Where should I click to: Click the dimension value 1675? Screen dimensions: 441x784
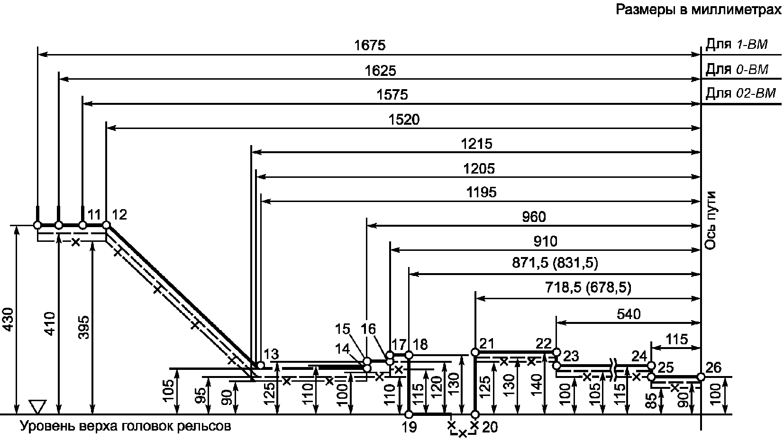(370, 46)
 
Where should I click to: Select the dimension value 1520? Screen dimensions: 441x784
(404, 119)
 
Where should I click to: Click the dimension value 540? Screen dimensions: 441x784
(629, 314)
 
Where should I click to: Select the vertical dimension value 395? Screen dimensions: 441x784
(83, 327)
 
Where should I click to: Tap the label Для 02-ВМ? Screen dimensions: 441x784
(740, 93)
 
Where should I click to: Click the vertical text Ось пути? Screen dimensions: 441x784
(710, 220)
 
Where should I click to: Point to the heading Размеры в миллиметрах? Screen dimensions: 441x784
(699, 10)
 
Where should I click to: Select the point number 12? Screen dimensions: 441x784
(120, 215)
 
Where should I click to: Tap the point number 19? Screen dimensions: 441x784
(409, 428)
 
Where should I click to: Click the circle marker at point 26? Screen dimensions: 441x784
(701, 377)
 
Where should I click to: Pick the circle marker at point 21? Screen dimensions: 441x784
(475, 352)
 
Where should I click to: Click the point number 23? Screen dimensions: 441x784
(572, 356)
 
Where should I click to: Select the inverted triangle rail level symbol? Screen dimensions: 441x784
(36, 406)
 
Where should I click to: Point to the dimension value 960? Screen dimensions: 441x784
(534, 217)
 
